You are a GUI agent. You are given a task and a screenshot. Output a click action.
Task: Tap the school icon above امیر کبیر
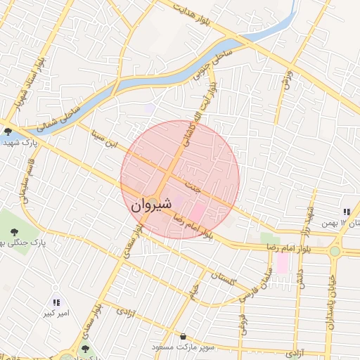point(56,302)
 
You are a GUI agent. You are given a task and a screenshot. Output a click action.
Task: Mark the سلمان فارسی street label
point(257,286)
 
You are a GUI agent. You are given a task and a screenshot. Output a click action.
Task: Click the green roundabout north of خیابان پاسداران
point(335,250)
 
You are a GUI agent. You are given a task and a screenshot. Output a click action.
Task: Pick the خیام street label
point(193,289)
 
